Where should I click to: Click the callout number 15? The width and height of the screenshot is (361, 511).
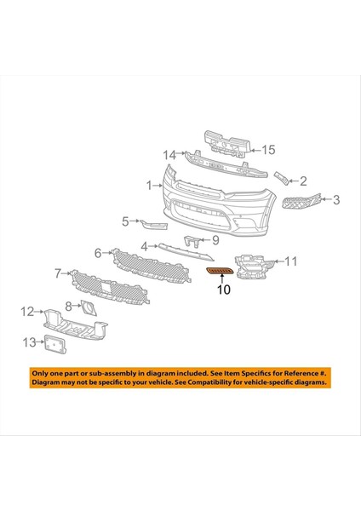(268, 150)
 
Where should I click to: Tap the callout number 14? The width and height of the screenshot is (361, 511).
(169, 155)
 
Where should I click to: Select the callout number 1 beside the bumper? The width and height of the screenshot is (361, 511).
(149, 185)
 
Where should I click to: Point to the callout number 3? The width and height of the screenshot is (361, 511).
(336, 201)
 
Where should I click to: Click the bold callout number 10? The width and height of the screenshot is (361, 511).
(223, 290)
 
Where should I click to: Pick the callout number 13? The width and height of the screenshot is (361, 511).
(28, 342)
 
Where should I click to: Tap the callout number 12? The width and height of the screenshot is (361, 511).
(26, 312)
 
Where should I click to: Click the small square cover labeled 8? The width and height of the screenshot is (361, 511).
(88, 306)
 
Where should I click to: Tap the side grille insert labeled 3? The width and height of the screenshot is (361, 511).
(303, 202)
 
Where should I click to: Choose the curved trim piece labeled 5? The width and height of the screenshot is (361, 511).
(155, 224)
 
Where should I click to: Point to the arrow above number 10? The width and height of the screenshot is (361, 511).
(223, 278)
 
